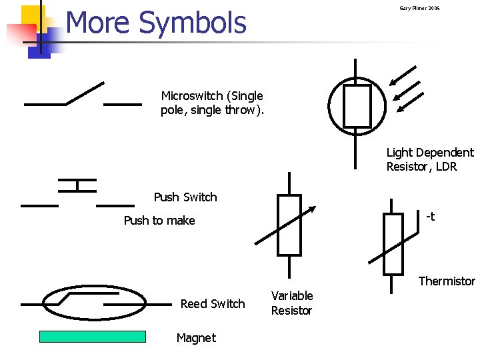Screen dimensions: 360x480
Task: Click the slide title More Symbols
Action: [x=156, y=23]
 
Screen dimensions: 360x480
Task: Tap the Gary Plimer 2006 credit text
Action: [x=419, y=8]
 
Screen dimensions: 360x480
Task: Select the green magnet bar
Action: [x=93, y=337]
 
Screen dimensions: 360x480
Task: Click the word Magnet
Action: [x=196, y=338]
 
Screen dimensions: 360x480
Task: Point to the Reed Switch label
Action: [x=213, y=304]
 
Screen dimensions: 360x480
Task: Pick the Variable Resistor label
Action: [x=291, y=303]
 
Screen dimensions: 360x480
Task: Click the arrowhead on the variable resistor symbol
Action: [x=311, y=210]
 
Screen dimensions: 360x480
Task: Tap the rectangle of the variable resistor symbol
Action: [x=289, y=225]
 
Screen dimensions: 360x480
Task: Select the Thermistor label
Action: [x=447, y=281]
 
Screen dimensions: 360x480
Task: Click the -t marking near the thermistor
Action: [x=430, y=216]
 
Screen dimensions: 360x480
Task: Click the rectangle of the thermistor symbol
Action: [x=393, y=244]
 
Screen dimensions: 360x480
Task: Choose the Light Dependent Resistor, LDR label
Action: [x=429, y=160]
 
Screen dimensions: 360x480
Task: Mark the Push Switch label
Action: [x=185, y=197]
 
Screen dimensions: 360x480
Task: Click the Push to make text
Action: [x=159, y=221]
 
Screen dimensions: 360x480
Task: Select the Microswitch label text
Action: [x=212, y=103]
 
